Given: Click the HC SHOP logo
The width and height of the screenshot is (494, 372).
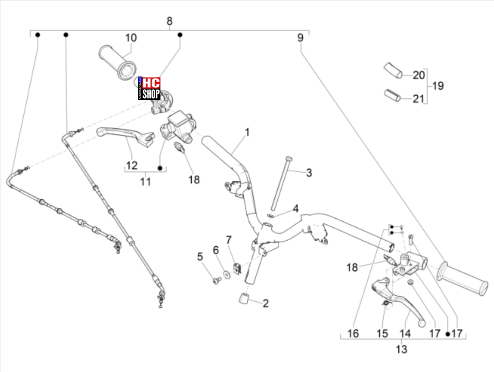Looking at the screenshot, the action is [x=149, y=89].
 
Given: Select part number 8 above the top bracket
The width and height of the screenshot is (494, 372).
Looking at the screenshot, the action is [x=169, y=21].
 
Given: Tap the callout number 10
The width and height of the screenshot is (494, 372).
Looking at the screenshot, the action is [x=131, y=38].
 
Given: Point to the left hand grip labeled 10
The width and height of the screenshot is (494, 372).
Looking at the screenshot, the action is [x=117, y=62].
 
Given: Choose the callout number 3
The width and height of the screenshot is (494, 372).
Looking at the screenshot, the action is [x=309, y=173].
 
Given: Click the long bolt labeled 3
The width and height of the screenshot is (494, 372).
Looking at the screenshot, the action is [x=280, y=183].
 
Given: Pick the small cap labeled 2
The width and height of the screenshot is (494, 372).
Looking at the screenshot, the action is [x=243, y=298].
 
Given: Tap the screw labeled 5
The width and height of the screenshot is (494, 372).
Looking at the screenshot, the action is [x=217, y=280].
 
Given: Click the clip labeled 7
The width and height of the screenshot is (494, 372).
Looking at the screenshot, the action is [x=237, y=269].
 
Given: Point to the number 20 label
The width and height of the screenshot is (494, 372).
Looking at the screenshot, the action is [x=419, y=75].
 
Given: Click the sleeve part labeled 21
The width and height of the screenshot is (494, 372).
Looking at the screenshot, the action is [x=392, y=95].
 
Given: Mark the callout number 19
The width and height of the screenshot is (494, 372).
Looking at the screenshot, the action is [x=438, y=86].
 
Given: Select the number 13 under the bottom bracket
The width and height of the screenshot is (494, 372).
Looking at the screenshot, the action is [x=402, y=350].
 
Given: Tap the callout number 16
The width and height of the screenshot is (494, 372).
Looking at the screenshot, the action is [x=353, y=334].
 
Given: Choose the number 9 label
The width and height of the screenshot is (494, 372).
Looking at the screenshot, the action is [x=300, y=38].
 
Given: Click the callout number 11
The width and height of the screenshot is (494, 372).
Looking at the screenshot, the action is [x=146, y=182].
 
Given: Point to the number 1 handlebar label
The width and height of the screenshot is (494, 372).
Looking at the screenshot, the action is [x=247, y=132].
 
